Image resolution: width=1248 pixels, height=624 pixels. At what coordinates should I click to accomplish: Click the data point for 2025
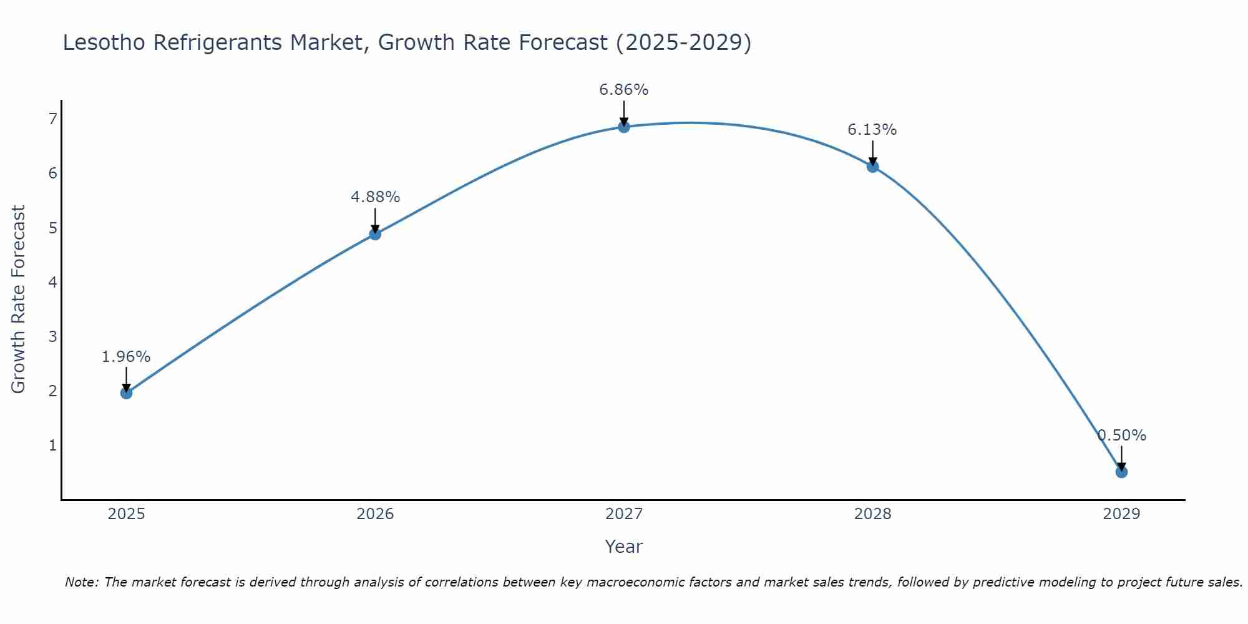pyautogui.click(x=126, y=392)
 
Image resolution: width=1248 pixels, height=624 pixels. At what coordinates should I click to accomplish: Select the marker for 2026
pyautogui.click(x=375, y=234)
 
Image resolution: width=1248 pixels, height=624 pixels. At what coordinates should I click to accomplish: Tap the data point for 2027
pyautogui.click(x=623, y=127)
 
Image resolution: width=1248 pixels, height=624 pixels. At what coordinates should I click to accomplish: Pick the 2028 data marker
pyautogui.click(x=872, y=166)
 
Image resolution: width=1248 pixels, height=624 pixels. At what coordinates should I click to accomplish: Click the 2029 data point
pyautogui.click(x=1121, y=472)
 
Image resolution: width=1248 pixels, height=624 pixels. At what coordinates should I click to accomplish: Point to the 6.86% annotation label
pyautogui.click(x=623, y=90)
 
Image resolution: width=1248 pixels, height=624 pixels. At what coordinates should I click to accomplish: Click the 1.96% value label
pyautogui.click(x=126, y=357)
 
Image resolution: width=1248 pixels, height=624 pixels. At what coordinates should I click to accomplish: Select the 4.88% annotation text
pyautogui.click(x=375, y=197)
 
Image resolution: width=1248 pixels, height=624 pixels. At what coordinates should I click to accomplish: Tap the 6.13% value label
pyautogui.click(x=872, y=130)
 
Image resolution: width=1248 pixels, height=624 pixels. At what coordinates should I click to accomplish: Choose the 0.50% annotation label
pyautogui.click(x=1121, y=436)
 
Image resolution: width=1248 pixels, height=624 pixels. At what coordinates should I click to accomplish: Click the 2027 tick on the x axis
pyautogui.click(x=623, y=514)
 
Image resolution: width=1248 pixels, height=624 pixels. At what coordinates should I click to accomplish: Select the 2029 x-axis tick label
pyautogui.click(x=1121, y=514)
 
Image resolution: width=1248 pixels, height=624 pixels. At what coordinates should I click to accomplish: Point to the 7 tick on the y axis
pyautogui.click(x=52, y=119)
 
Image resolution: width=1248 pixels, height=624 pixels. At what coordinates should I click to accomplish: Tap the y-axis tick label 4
pyautogui.click(x=52, y=282)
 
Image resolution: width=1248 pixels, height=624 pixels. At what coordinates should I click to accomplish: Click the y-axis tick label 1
pyautogui.click(x=52, y=446)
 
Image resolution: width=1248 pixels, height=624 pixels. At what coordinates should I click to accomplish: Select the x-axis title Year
pyautogui.click(x=623, y=547)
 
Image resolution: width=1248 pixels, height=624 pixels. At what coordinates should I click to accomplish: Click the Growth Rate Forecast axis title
pyautogui.click(x=19, y=300)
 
